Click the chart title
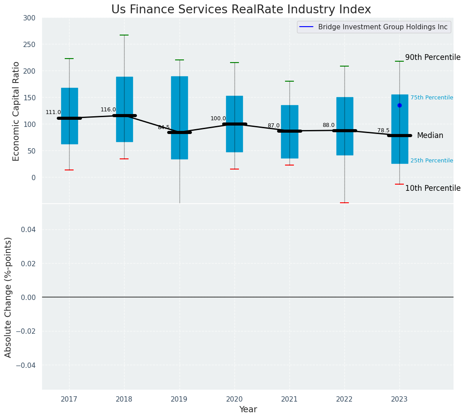coord(241,10)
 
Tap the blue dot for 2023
coord(399,105)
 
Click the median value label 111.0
coord(53,112)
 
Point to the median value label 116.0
coord(108,110)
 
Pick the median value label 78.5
coord(383,130)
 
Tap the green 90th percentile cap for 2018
coord(124,35)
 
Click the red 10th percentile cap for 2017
coord(69,170)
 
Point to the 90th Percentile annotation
coord(433,57)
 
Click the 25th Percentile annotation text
coord(431,161)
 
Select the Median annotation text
coord(430,135)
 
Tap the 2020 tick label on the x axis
coord(234,399)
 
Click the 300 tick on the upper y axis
coord(29,18)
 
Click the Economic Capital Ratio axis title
coord(16,111)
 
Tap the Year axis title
coord(248,410)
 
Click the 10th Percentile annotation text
coord(433,188)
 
